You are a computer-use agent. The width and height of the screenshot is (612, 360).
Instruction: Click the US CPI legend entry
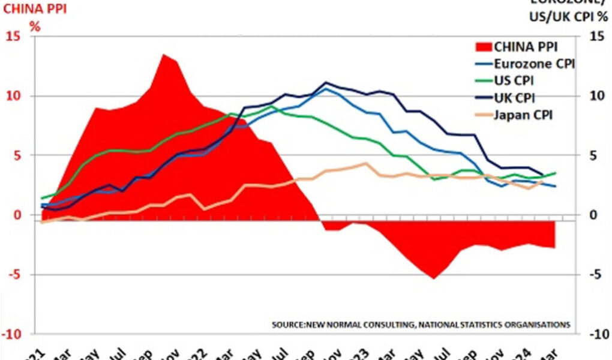point(514,80)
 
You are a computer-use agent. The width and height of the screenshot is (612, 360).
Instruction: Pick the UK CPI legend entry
point(514,97)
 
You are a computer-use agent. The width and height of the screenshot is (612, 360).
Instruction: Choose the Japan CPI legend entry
point(523,113)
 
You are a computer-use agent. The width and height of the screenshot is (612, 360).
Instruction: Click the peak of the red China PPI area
point(163,55)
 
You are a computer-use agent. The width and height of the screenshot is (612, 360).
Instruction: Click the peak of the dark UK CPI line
point(326,83)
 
